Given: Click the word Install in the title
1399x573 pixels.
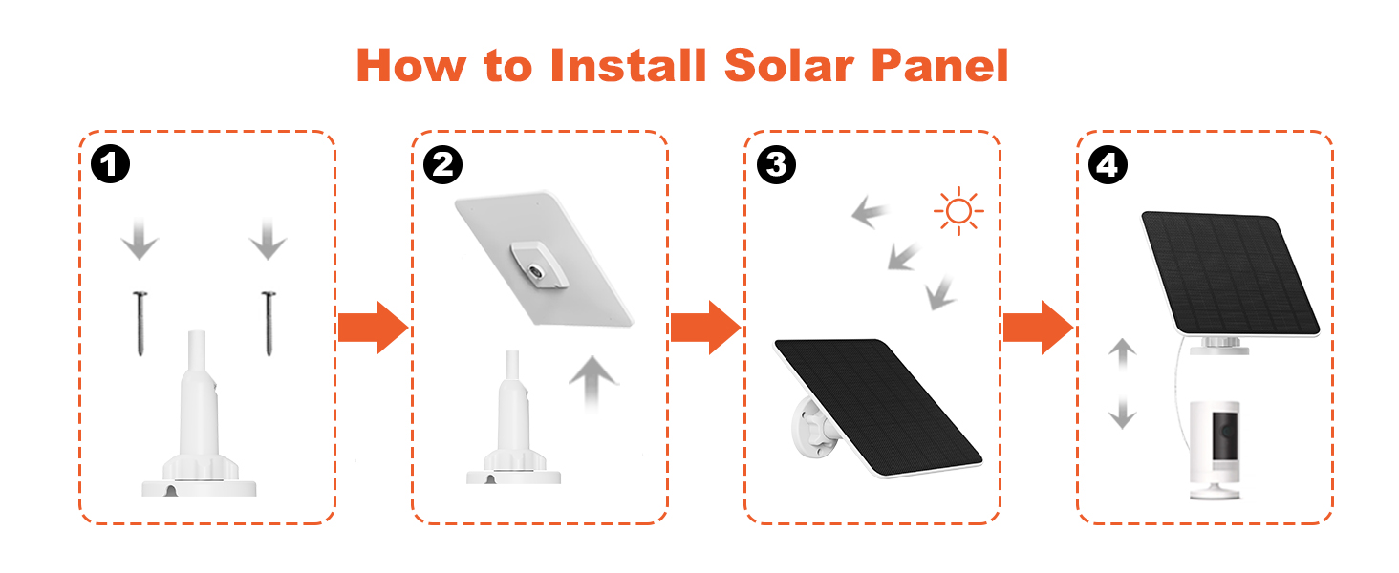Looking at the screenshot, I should point(628,66).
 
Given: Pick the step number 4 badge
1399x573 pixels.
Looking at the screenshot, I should point(1107,165).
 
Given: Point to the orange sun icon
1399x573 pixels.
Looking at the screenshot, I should point(958,211).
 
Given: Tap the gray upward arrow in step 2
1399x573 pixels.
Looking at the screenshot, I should point(593,383).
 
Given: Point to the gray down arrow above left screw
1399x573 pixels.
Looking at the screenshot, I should point(140,239).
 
